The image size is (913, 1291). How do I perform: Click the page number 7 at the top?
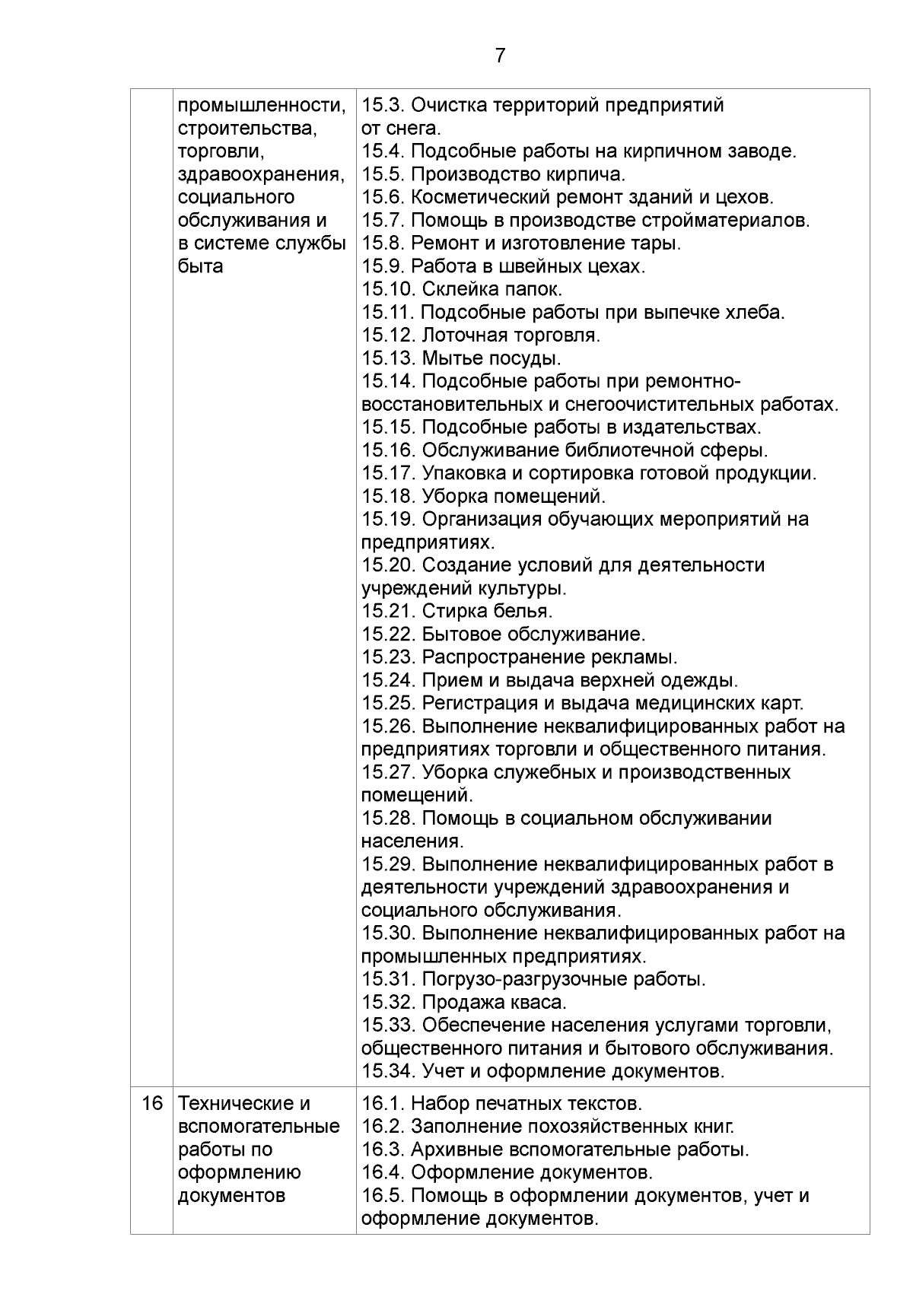(x=500, y=56)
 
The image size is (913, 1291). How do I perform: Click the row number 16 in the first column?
(x=152, y=1103)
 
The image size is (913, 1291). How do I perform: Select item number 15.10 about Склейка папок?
(x=387, y=289)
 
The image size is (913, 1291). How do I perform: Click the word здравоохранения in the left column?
(x=260, y=174)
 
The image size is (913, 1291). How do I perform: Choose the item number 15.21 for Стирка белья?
(x=387, y=611)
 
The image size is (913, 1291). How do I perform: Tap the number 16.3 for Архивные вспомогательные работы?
(x=383, y=1149)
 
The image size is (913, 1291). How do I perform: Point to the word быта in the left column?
(x=200, y=266)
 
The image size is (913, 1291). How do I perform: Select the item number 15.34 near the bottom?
(x=387, y=1071)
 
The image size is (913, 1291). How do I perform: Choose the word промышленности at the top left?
(x=261, y=105)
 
